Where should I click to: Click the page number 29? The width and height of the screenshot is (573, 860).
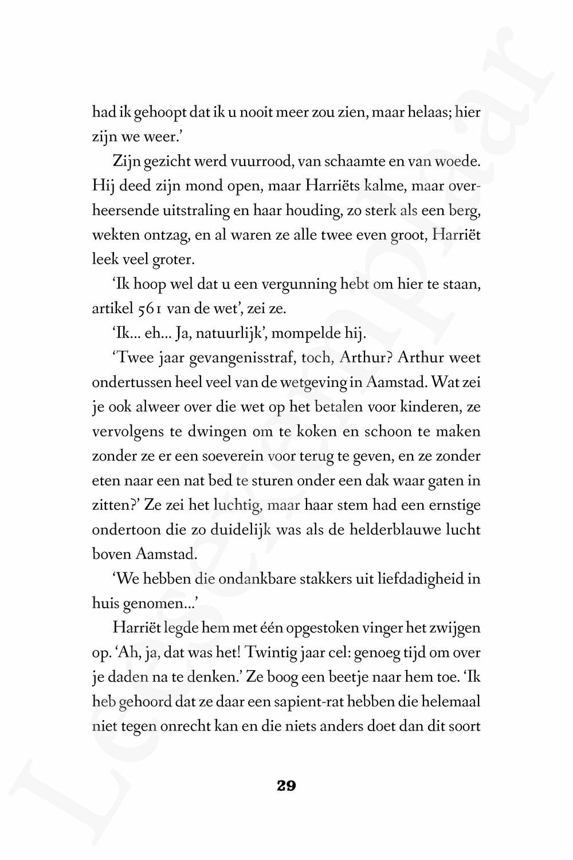286,786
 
